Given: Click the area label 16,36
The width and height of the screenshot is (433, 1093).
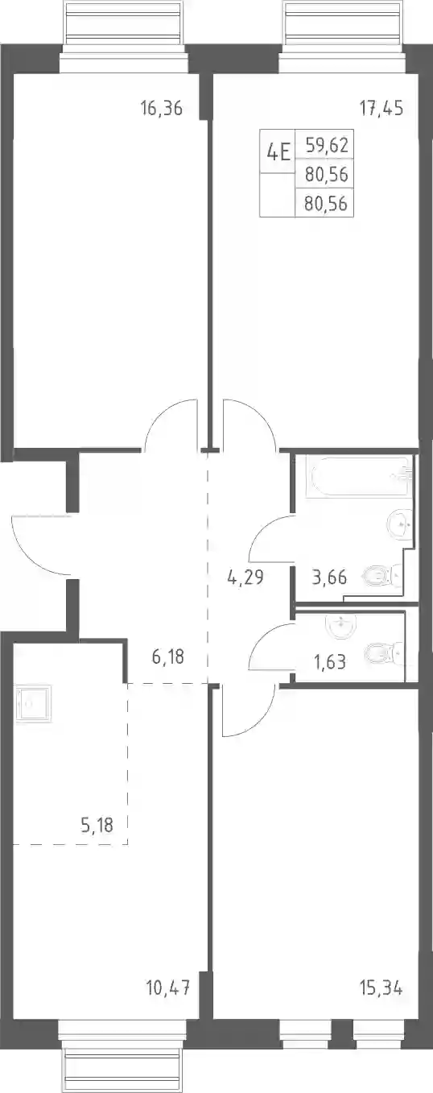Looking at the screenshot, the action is [162, 108].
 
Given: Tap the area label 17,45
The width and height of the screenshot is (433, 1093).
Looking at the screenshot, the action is [381, 108].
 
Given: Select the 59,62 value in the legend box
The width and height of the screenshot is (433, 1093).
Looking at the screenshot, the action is [327, 145].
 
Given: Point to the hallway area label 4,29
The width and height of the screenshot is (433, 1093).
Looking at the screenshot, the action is [245, 578].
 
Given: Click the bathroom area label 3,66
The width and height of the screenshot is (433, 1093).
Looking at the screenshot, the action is [329, 578].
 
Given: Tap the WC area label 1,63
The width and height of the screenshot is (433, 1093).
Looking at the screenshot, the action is [330, 662].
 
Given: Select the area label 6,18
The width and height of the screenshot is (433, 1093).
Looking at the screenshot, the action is [167, 656].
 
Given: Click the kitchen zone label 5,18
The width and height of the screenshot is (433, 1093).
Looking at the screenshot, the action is [97, 825].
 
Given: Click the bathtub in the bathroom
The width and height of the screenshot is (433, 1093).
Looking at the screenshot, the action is [360, 476].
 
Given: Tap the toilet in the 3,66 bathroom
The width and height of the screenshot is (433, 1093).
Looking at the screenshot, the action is [383, 578].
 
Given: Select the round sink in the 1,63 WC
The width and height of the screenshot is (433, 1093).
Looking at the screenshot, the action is [342, 626].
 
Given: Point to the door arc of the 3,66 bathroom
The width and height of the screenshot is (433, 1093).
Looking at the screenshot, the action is [262, 528].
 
